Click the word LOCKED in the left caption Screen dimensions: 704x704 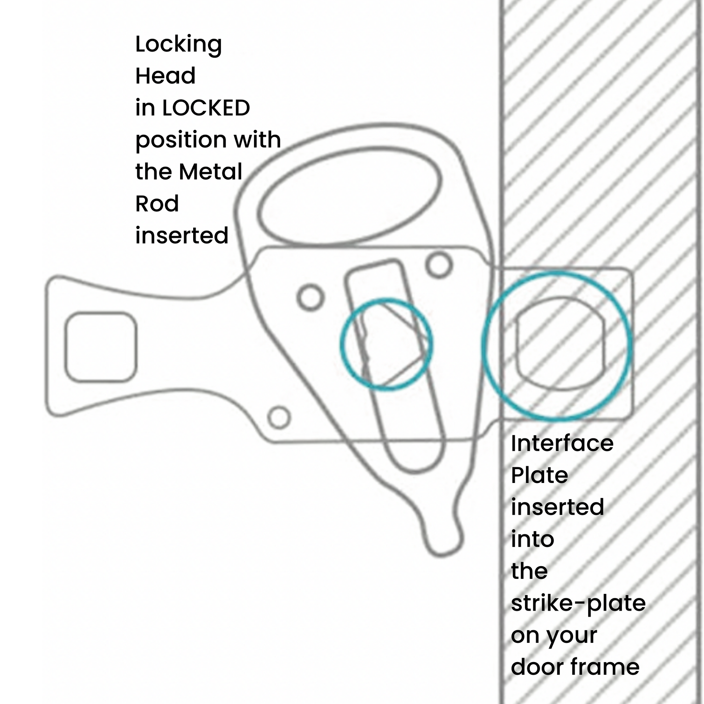point(206,108)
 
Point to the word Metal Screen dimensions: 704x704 point(210,171)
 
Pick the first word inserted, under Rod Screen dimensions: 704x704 point(182,236)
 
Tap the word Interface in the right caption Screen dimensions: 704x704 point(562,444)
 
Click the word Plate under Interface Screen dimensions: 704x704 point(539,475)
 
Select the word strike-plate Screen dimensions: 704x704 point(578,603)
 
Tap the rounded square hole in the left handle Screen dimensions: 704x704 point(101,347)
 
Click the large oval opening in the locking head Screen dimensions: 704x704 point(350,196)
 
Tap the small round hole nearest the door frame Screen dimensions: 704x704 point(439,265)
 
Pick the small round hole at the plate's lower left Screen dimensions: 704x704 point(279,417)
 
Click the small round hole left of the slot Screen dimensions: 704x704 point(310,297)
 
